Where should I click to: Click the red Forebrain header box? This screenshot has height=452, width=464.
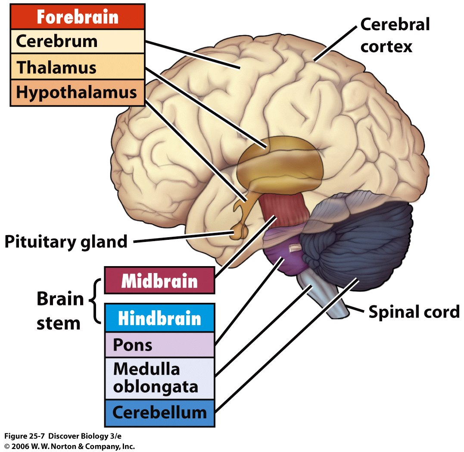tap(77, 16)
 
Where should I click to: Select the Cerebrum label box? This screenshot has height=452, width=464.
tap(77, 41)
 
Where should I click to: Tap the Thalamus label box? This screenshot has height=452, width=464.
tap(77, 67)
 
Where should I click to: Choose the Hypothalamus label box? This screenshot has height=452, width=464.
tap(77, 92)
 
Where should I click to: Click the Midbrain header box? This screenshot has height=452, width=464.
tap(159, 280)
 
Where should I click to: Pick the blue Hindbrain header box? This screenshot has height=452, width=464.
tap(159, 318)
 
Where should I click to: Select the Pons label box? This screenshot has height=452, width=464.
tap(159, 345)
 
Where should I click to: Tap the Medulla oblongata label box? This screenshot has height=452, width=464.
tap(159, 378)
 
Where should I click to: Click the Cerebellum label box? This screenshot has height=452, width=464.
tap(159, 413)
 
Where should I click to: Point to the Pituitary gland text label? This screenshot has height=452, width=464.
tap(66, 242)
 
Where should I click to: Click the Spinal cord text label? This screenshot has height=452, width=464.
tap(414, 311)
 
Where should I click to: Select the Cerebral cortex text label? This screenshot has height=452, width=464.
tap(394, 35)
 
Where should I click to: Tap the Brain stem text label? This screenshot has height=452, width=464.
tap(59, 311)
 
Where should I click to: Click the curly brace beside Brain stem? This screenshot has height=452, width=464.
tap(96, 301)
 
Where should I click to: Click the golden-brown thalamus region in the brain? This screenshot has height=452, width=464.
tap(280, 162)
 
